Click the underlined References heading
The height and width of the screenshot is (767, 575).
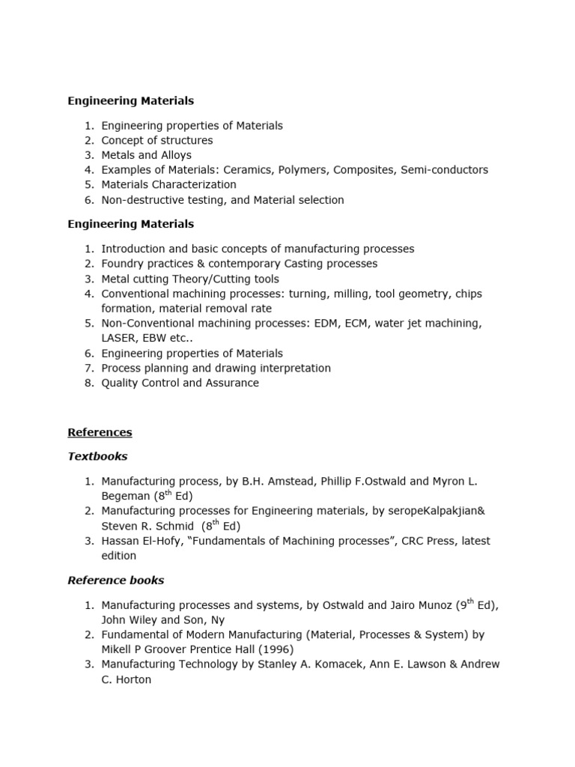100,432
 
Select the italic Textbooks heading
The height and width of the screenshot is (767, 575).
97,456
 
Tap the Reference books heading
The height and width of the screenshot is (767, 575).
115,580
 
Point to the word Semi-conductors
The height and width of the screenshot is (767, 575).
444,170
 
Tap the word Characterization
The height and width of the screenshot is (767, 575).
194,185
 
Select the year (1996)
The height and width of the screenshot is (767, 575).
273,649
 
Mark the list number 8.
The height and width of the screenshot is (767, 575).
88,383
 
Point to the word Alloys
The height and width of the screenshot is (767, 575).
174,155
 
